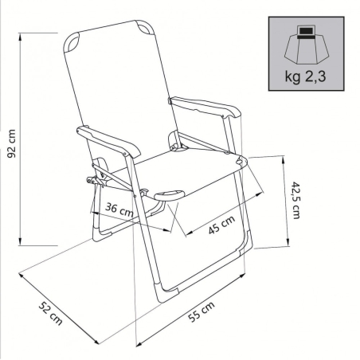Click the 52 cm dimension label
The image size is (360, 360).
pyautogui.click(x=49, y=313)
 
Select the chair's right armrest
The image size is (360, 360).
pyautogui.click(x=205, y=106)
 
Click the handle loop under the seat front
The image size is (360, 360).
pyautogui.click(x=168, y=194)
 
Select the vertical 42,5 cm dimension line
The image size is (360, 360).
pyautogui.click(x=284, y=199)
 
